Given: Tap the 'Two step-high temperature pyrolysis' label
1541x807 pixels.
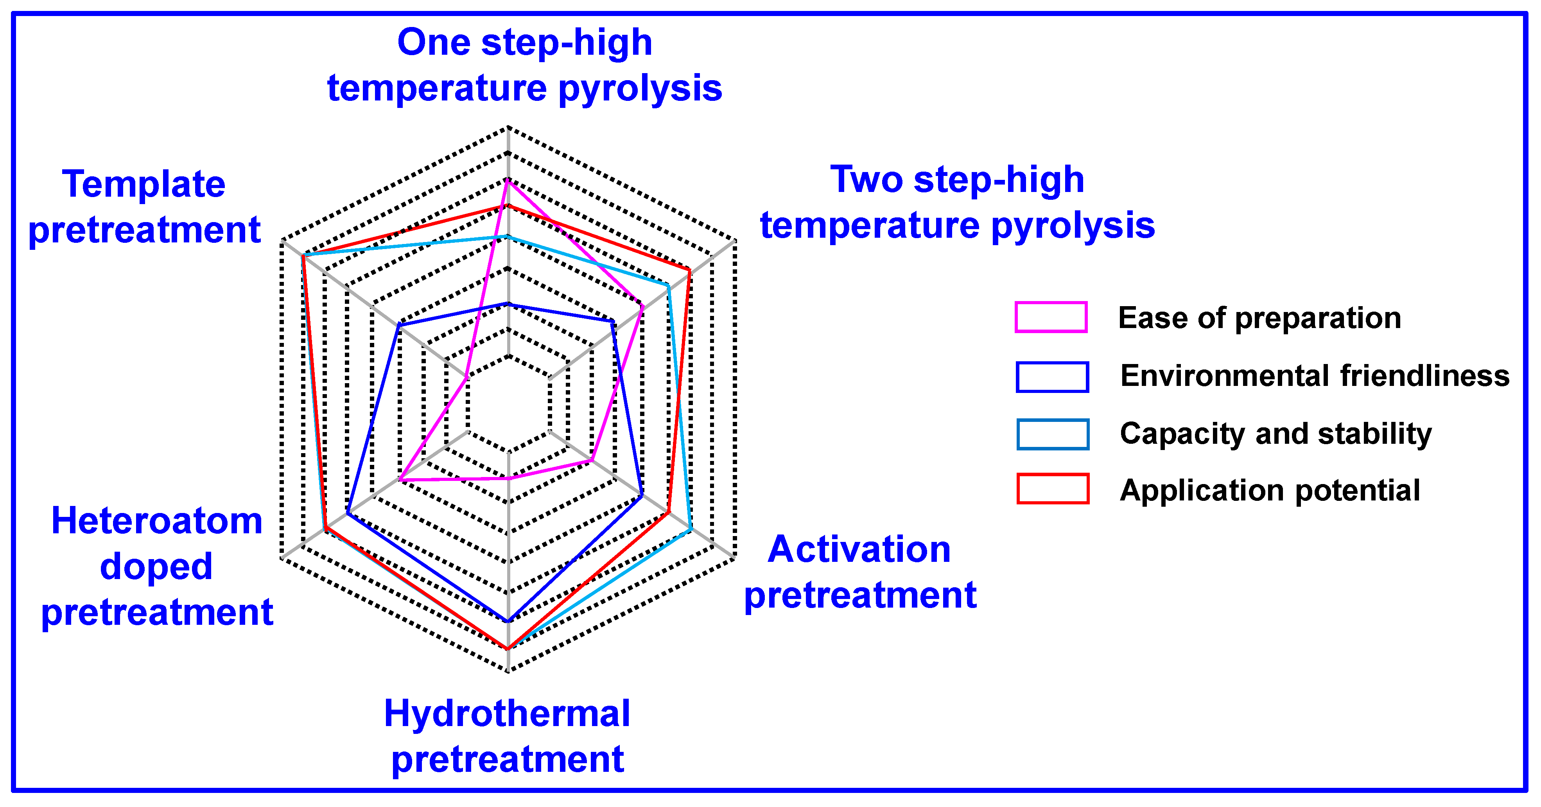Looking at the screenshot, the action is (x=957, y=202).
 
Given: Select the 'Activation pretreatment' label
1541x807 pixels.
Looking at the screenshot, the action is (x=859, y=572).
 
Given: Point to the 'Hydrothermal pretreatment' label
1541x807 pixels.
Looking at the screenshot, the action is (x=507, y=736).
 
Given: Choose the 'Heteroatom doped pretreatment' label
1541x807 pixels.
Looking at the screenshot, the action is (x=157, y=566).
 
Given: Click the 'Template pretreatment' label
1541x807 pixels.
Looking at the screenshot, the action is (x=144, y=206).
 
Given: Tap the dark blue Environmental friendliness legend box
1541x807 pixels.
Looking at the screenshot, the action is (x=1052, y=377).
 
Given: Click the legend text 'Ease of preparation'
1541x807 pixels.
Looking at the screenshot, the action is (x=1259, y=317).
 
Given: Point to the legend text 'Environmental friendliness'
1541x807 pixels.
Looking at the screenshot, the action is (x=1314, y=376).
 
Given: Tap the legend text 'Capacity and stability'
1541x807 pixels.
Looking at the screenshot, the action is (x=1275, y=433).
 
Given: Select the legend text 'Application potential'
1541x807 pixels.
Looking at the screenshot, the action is (x=1269, y=491).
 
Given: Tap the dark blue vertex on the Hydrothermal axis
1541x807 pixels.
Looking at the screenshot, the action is (x=507, y=622).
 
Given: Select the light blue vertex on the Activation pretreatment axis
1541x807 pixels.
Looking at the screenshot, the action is (x=691, y=529).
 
